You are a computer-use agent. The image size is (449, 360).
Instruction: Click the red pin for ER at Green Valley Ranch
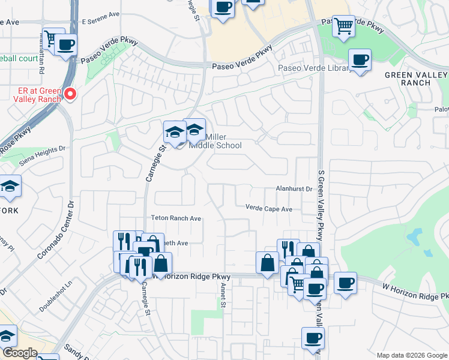(70, 94)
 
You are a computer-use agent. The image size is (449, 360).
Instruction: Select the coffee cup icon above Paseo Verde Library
(360, 60)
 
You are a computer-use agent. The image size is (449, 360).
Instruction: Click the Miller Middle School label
(215, 141)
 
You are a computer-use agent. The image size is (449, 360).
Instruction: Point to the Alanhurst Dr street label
(294, 188)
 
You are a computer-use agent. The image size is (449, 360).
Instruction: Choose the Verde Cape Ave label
(268, 208)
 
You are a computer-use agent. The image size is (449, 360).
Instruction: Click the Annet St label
(223, 295)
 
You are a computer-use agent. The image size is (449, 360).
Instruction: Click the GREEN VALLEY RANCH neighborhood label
(408, 79)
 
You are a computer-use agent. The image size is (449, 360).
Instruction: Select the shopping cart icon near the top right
(343, 26)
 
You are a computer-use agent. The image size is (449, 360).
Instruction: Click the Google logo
(20, 353)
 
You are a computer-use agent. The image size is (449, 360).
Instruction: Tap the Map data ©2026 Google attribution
(411, 355)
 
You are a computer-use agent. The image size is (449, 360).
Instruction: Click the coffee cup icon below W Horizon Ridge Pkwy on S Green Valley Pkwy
(313, 338)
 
